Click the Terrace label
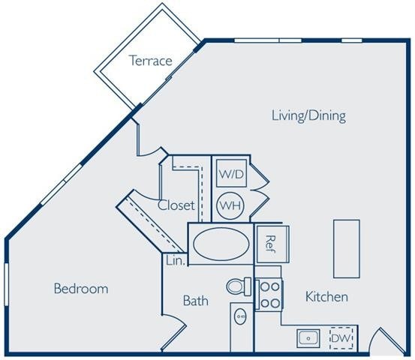[151, 61]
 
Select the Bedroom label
[81, 288]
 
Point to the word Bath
[196, 301]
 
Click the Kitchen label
[326, 297]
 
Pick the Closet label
[176, 205]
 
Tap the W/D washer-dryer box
[231, 175]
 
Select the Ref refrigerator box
[269, 243]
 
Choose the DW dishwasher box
[341, 339]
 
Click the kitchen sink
[308, 338]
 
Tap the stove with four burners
[269, 295]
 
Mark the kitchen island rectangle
[347, 248]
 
